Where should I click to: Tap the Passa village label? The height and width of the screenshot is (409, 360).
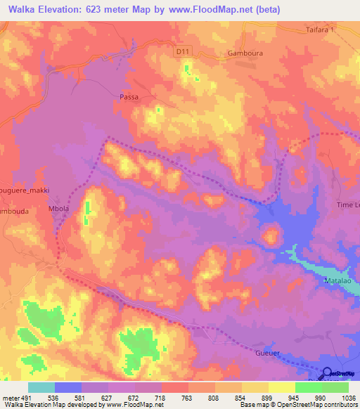click(129, 97)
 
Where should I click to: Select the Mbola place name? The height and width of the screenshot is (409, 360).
click(77, 190)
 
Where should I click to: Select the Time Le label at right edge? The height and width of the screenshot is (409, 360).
click(347, 204)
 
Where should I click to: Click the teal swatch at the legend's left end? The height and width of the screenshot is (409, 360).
click(41, 387)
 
